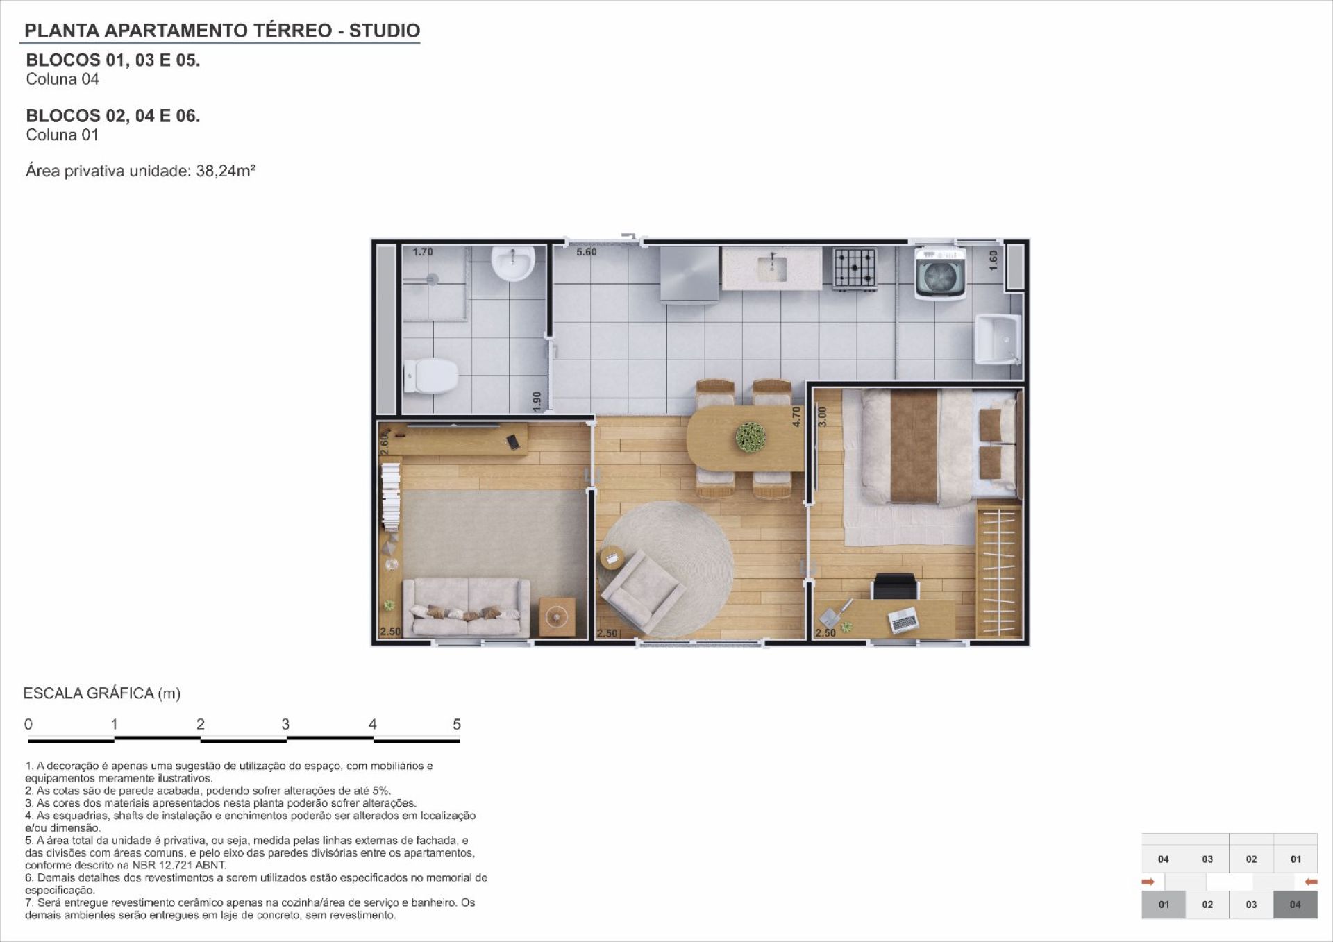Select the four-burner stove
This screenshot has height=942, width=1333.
pos(855,268)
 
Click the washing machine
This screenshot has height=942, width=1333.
pos(941,271)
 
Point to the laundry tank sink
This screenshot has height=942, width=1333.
pos(998,339)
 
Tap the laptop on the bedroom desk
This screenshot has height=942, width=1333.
pos(903,619)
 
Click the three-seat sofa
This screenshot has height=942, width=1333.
pos(466,607)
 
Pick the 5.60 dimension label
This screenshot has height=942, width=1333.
pos(587,252)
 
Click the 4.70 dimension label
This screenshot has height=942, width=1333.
pos(796,417)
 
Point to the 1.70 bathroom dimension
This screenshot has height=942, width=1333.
pos(423,252)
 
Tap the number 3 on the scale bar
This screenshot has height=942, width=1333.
pos(285,724)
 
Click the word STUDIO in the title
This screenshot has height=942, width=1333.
pos(385,31)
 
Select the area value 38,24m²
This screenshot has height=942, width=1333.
pos(226,171)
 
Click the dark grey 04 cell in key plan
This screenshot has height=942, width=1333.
pos(1296,905)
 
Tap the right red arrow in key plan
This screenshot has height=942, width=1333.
pos(1311,882)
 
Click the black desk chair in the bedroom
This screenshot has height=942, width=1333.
pos(896,586)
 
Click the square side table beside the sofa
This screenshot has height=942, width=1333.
pos(557,616)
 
